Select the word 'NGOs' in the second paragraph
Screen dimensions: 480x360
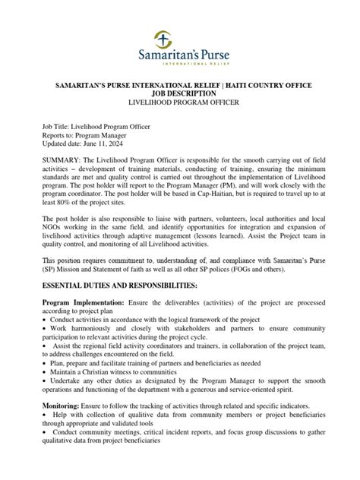pyautogui.click(x=53, y=230)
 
